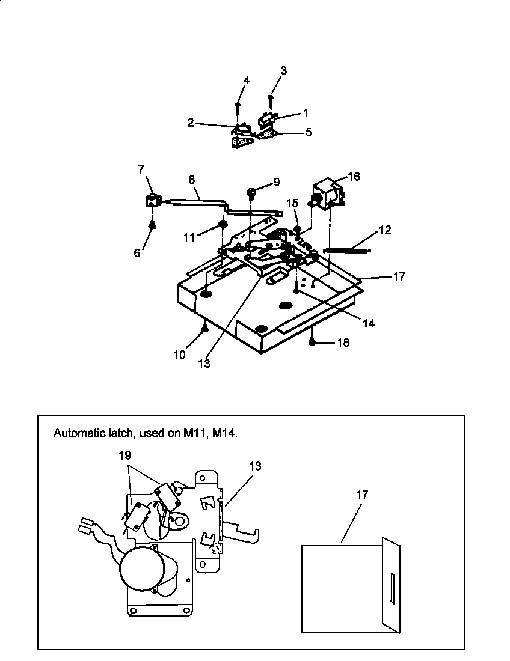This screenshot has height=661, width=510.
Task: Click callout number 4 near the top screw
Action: (246, 80)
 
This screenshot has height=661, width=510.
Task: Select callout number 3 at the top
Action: (283, 70)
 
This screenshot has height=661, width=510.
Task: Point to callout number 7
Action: (142, 170)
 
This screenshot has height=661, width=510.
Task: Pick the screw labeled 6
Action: (153, 225)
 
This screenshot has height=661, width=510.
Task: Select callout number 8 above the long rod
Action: (192, 180)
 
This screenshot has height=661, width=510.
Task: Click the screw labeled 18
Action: (313, 342)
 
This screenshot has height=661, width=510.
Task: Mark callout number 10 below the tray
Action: (180, 355)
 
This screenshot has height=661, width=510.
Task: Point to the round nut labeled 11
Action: (221, 224)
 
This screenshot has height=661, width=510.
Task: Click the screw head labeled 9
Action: (252, 192)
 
